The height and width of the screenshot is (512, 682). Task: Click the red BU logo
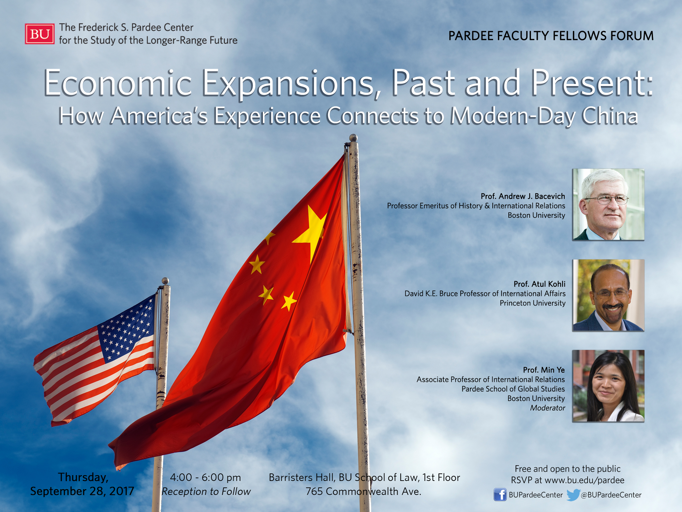pos(40,34)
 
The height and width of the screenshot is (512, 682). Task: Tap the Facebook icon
pos(500,495)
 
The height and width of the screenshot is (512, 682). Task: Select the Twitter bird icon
pos(573,495)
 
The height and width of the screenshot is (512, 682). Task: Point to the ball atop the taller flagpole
pos(353,138)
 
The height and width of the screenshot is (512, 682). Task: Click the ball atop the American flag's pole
pos(165,281)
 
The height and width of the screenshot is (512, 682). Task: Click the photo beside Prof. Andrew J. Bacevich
pos(608,204)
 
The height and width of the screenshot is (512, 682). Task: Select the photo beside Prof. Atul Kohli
pos(608,295)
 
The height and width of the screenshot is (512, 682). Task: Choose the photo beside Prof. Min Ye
pos(608,386)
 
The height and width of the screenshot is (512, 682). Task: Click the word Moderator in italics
pos(548,408)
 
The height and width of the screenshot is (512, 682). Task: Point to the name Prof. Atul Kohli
pos(539,284)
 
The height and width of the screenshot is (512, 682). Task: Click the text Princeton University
pos(533,303)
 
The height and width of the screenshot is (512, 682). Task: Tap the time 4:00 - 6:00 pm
pos(206,477)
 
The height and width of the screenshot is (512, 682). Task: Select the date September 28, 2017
pos(82,491)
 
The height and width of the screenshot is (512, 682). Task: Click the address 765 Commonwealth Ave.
pos(364,491)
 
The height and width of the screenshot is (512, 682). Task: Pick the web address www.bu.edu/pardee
pos(584,480)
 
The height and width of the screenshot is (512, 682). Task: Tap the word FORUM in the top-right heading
pos(632,36)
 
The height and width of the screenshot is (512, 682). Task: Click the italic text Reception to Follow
pos(206,492)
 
